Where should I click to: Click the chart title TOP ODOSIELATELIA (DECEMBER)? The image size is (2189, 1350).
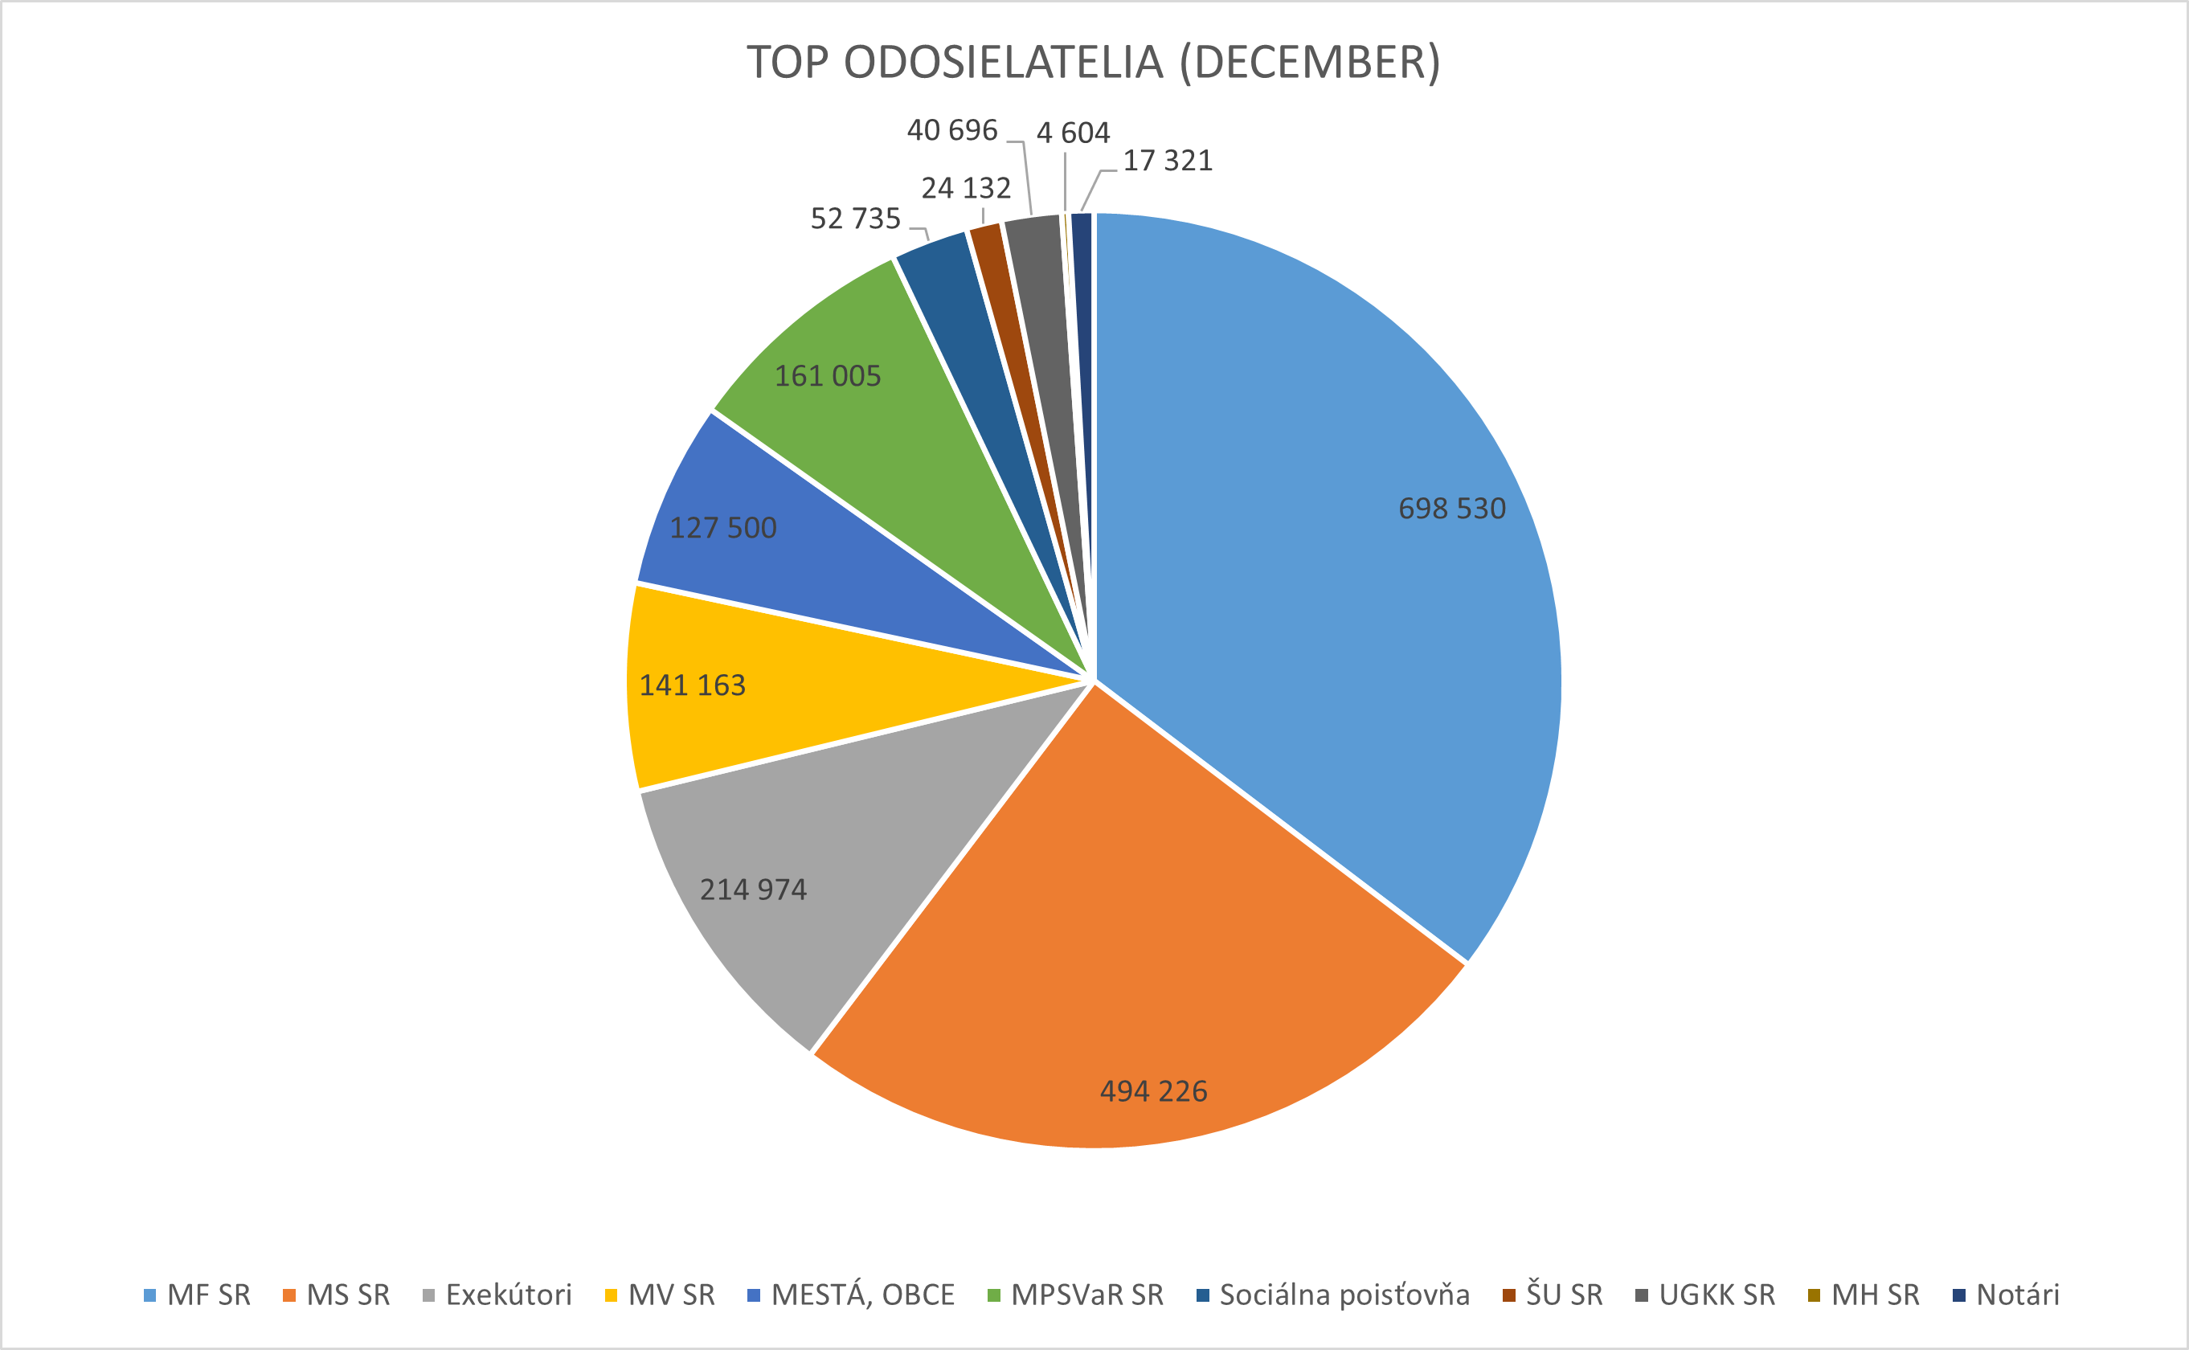[x=1094, y=63]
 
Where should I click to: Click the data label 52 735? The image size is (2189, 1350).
[x=855, y=219]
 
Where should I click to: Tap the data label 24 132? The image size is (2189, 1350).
[x=966, y=188]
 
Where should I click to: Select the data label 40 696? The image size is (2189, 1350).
[x=951, y=130]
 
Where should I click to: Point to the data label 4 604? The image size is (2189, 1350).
[x=1073, y=133]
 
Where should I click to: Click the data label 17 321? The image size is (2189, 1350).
[x=1168, y=161]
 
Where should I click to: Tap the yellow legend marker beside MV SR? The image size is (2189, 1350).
[x=612, y=1295]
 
